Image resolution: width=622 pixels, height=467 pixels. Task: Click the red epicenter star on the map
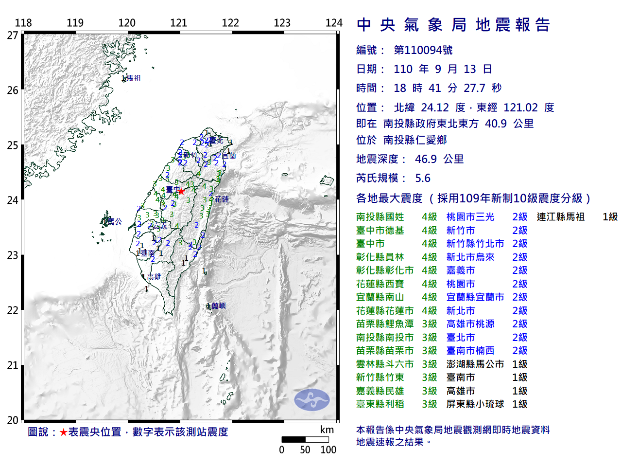(181, 192)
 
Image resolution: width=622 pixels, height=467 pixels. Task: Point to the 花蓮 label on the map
(222, 199)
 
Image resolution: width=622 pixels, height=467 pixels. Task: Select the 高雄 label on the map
(154, 277)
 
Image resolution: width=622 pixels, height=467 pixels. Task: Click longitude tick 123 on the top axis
(282, 23)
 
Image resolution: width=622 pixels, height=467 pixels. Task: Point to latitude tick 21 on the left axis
(13, 365)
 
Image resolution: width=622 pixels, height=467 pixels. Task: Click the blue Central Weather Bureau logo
(311, 400)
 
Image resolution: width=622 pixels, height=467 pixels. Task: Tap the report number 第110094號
(423, 50)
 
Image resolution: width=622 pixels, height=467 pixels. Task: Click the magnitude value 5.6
(423, 178)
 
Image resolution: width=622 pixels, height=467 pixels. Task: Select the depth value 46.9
(426, 159)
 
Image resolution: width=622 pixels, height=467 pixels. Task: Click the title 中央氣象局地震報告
(453, 25)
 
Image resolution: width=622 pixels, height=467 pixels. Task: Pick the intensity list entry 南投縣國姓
(380, 217)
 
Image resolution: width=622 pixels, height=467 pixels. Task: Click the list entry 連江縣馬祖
(560, 217)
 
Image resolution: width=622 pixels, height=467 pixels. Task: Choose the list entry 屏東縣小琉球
(475, 404)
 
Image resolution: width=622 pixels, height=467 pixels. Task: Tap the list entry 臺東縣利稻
(380, 404)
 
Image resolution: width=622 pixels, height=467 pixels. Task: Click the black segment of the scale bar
(294, 439)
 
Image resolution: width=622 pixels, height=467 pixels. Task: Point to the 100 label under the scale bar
(328, 450)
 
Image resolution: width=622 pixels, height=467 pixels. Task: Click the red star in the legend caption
(64, 432)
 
